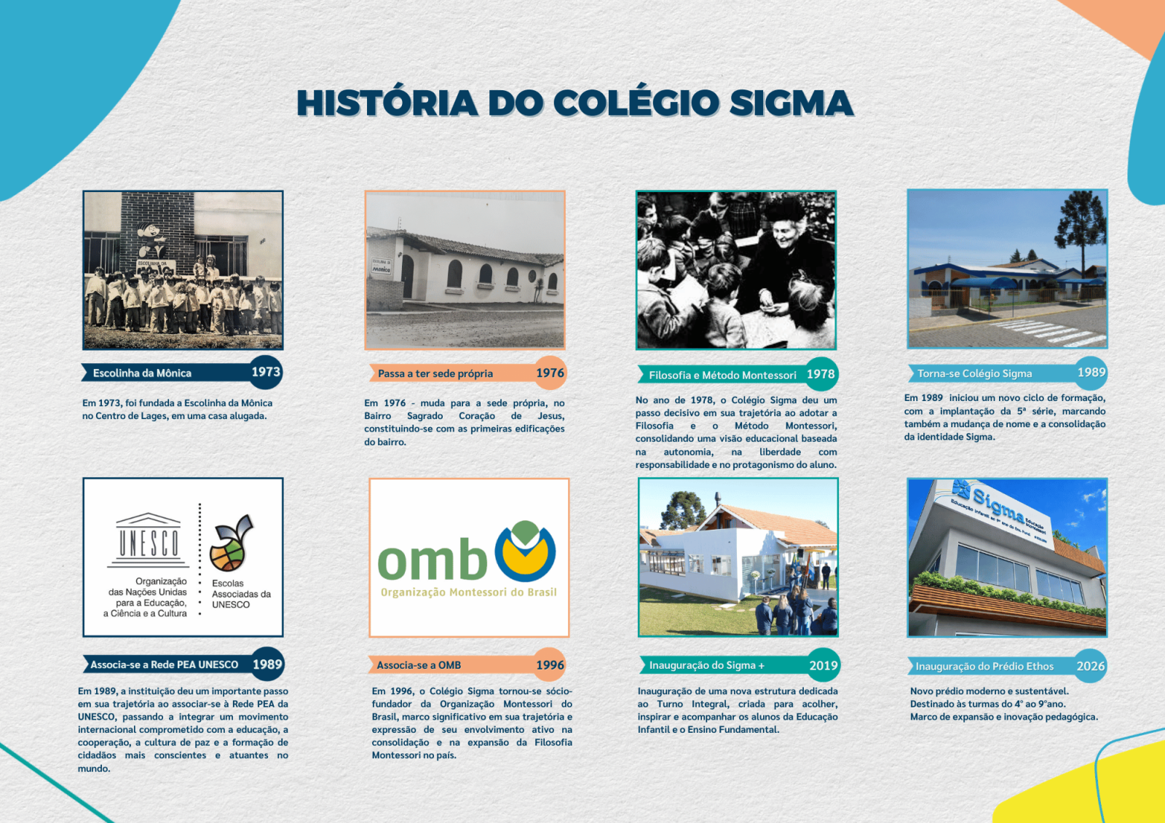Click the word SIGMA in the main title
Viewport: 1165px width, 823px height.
pyautogui.click(x=791, y=103)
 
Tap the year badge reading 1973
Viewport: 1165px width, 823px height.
pyautogui.click(x=266, y=372)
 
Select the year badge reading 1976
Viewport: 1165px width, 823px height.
pyautogui.click(x=550, y=373)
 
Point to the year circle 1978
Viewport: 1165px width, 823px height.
pyautogui.click(x=821, y=374)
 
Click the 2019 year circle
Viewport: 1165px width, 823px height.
pyautogui.click(x=823, y=665)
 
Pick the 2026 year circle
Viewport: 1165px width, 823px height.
pyautogui.click(x=1090, y=666)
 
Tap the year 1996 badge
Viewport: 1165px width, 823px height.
pyautogui.click(x=550, y=665)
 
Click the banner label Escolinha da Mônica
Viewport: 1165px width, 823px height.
pyautogui.click(x=142, y=373)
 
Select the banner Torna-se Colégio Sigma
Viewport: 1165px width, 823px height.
pyautogui.click(x=974, y=373)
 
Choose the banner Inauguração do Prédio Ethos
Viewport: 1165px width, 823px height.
pyautogui.click(x=984, y=666)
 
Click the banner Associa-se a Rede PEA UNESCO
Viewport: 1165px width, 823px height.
pyautogui.click(x=165, y=664)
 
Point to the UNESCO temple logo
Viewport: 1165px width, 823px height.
pyautogui.click(x=149, y=540)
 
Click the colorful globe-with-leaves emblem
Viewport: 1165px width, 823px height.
pyautogui.click(x=231, y=544)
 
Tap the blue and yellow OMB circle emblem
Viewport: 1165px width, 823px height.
pyautogui.click(x=525, y=551)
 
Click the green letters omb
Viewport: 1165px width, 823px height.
pyautogui.click(x=433, y=559)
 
